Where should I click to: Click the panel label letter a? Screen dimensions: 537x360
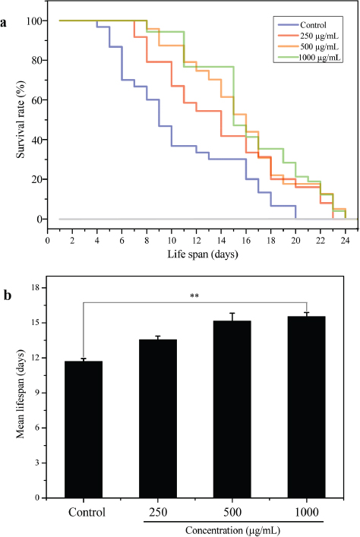pyautogui.click(x=5, y=24)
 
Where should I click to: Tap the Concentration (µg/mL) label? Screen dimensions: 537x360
pyautogui.click(x=234, y=529)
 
